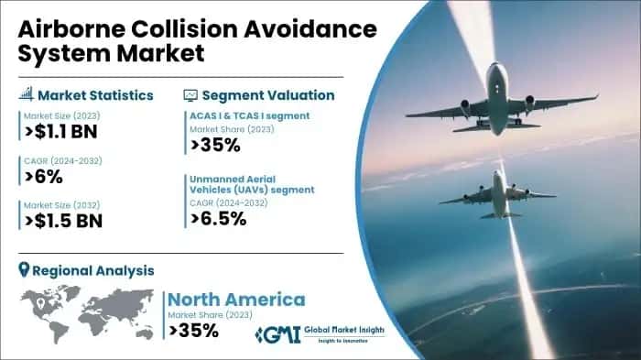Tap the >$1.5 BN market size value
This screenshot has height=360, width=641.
62,220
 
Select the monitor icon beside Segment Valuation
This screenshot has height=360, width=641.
190,94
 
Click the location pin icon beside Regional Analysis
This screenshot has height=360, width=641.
24,270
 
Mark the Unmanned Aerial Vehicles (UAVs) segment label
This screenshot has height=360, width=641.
252,183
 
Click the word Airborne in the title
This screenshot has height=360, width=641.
63,29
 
